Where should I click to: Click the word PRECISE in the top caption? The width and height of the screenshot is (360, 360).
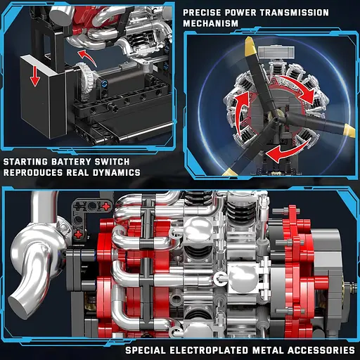pos(202,13)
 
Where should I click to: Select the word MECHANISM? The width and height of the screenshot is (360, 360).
pos(210,23)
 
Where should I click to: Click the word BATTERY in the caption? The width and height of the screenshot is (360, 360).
pos(71,162)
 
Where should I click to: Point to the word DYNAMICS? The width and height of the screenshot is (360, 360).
pos(117,172)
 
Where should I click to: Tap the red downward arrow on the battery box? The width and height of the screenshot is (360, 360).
pos(35,76)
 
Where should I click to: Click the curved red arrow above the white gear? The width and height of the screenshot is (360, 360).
pos(87,57)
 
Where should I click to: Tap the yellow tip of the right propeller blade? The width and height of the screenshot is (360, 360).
pos(349,131)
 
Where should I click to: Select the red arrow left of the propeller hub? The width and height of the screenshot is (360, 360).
pos(241,113)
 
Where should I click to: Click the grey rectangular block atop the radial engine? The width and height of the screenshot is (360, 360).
pos(276,52)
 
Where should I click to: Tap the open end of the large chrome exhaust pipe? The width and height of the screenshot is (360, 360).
pos(19,305)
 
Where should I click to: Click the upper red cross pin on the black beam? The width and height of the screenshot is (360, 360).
pos(106,206)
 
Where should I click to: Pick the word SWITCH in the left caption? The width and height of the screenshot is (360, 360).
pos(112,162)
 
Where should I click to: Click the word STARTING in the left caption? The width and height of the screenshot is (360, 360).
pos(25,162)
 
